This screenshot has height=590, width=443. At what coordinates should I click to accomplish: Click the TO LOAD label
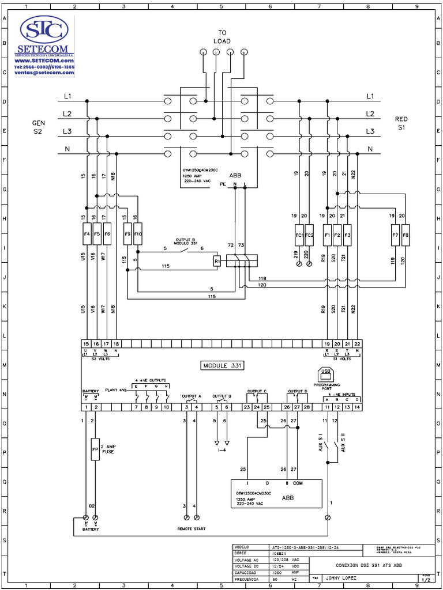pos(222,37)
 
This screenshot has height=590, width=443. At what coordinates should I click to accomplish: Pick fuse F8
pos(405,235)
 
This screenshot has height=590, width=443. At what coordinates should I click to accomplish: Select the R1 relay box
pos(217,260)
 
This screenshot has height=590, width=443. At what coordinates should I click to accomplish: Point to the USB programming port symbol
pos(326,373)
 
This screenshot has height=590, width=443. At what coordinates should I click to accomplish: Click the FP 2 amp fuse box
pos(95,448)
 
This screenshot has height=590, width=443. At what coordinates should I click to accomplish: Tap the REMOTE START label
pos(191,528)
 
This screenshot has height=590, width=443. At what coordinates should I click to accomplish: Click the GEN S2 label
pos(38,127)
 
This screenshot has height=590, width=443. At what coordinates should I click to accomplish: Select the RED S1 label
pos(401,123)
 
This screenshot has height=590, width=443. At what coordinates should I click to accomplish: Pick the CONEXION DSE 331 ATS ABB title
pos(369,565)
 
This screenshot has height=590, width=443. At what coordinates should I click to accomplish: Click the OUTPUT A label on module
pos(192,396)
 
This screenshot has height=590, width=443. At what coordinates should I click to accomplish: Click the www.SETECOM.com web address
pos(44,60)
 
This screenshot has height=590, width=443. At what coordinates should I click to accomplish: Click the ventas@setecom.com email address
pos(44,73)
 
